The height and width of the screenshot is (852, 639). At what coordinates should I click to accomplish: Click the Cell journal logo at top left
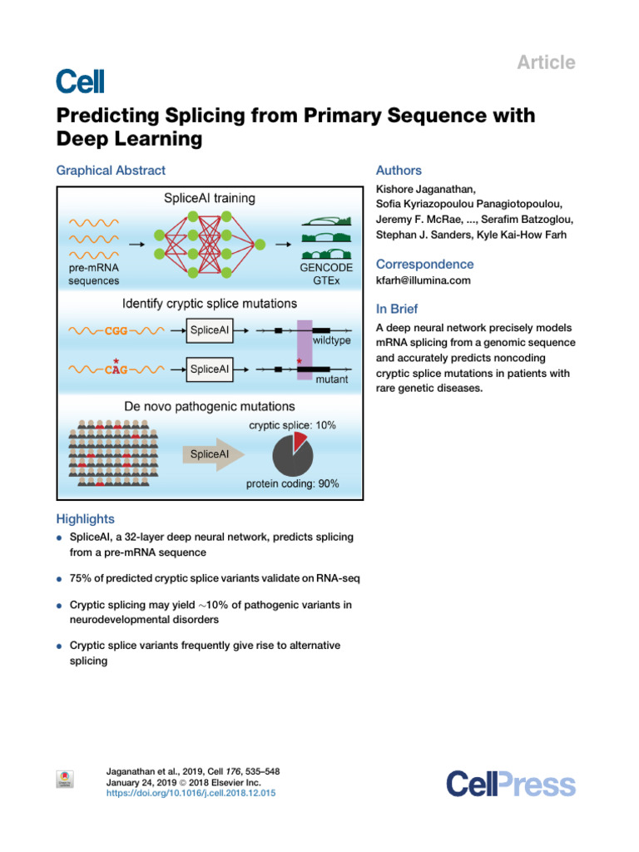[x=80, y=81]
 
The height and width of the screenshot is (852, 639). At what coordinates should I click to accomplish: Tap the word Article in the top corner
[x=547, y=62]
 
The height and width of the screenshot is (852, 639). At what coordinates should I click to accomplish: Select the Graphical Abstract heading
[x=111, y=171]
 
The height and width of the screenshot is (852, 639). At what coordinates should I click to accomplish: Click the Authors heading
[x=399, y=171]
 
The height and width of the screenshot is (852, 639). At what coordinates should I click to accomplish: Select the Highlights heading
[x=85, y=518]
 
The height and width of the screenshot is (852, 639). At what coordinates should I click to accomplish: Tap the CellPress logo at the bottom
[x=510, y=784]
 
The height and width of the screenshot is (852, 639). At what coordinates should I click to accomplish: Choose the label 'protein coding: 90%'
[x=292, y=483]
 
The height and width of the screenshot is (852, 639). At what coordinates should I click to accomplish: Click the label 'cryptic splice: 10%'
[x=292, y=425]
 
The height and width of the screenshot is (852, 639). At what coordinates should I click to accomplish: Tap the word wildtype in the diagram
[x=330, y=342]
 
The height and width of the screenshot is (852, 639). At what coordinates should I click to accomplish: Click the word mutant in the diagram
[x=331, y=379]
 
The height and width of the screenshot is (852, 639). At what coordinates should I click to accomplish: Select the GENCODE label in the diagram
[x=325, y=268]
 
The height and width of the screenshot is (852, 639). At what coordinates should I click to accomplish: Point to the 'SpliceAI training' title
[x=209, y=199]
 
